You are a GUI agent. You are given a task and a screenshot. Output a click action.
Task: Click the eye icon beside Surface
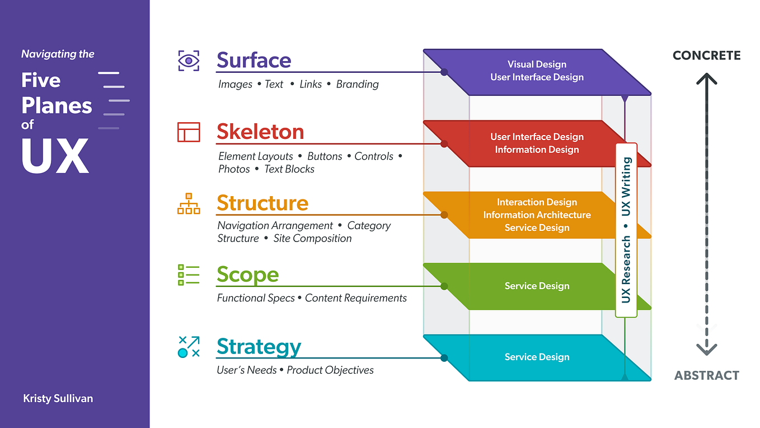click(x=189, y=61)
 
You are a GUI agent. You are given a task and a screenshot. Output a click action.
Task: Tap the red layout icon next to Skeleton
click(x=189, y=132)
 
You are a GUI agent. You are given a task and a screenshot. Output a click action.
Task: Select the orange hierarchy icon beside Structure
click(x=189, y=204)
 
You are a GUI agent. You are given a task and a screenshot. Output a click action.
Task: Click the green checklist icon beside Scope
click(x=189, y=275)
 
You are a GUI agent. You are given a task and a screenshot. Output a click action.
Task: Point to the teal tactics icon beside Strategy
click(x=189, y=347)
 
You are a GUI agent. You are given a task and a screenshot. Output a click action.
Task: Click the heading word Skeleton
click(x=260, y=132)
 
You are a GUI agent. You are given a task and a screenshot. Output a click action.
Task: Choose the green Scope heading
click(x=247, y=275)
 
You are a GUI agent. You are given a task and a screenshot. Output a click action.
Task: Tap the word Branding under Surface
click(x=357, y=84)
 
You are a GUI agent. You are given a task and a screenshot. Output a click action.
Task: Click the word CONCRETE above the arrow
click(x=706, y=55)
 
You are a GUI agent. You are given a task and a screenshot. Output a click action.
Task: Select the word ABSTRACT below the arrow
click(x=706, y=375)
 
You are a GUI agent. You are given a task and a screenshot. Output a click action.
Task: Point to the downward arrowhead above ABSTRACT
click(x=706, y=350)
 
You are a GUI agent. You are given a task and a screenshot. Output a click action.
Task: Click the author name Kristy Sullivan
click(x=58, y=399)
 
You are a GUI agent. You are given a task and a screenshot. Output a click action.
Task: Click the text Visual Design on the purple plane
click(x=537, y=64)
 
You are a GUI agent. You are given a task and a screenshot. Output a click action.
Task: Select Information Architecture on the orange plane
click(x=537, y=215)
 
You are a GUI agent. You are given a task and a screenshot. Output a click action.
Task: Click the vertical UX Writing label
click(x=626, y=187)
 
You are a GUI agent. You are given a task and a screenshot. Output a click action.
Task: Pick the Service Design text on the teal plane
click(x=537, y=357)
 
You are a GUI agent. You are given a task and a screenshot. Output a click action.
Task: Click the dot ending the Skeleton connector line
click(x=444, y=144)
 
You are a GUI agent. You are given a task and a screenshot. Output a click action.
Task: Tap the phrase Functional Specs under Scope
click(x=256, y=298)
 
